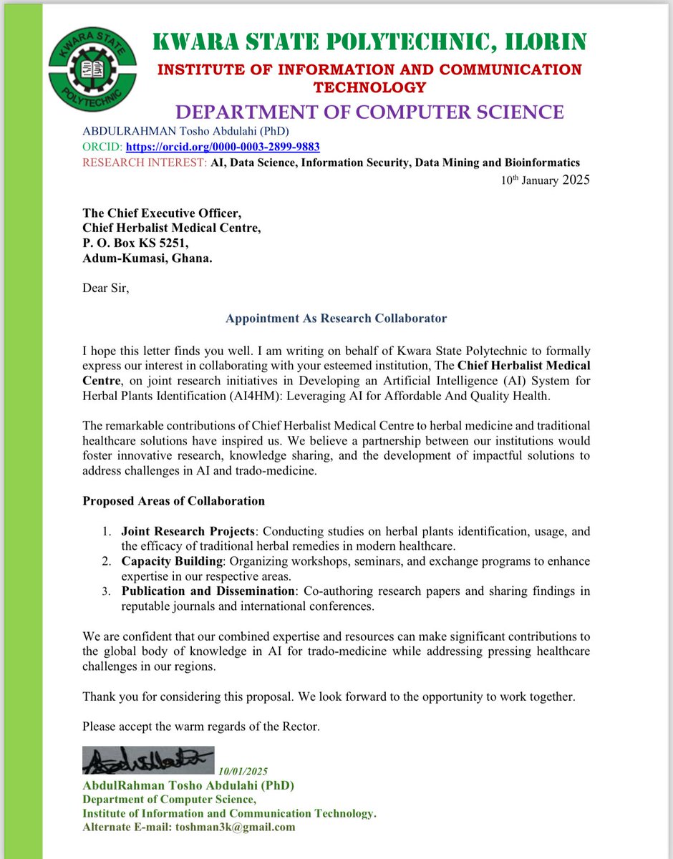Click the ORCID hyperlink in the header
pos(223,147)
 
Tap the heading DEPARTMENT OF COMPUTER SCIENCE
pos(369,112)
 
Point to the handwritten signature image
pos(147,761)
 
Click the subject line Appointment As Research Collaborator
pos(336,318)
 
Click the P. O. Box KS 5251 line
pos(135,243)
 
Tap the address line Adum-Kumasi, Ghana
pos(147,258)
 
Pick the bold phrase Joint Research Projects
pos(188,531)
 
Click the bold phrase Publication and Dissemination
pos(207,591)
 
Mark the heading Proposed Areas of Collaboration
pos(173,500)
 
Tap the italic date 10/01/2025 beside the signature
pos(244,771)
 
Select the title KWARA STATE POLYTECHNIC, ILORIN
pos(369,42)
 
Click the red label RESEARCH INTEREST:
pos(145,162)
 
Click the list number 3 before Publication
pos(105,591)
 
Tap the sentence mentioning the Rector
pos(200,727)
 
